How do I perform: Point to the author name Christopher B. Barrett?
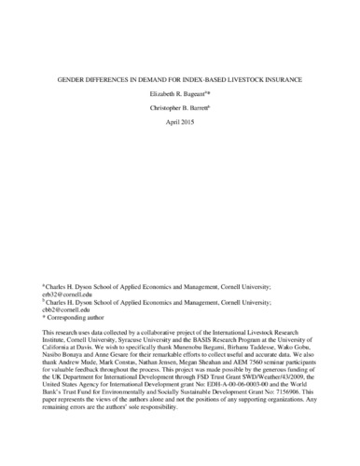coord(178,108)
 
